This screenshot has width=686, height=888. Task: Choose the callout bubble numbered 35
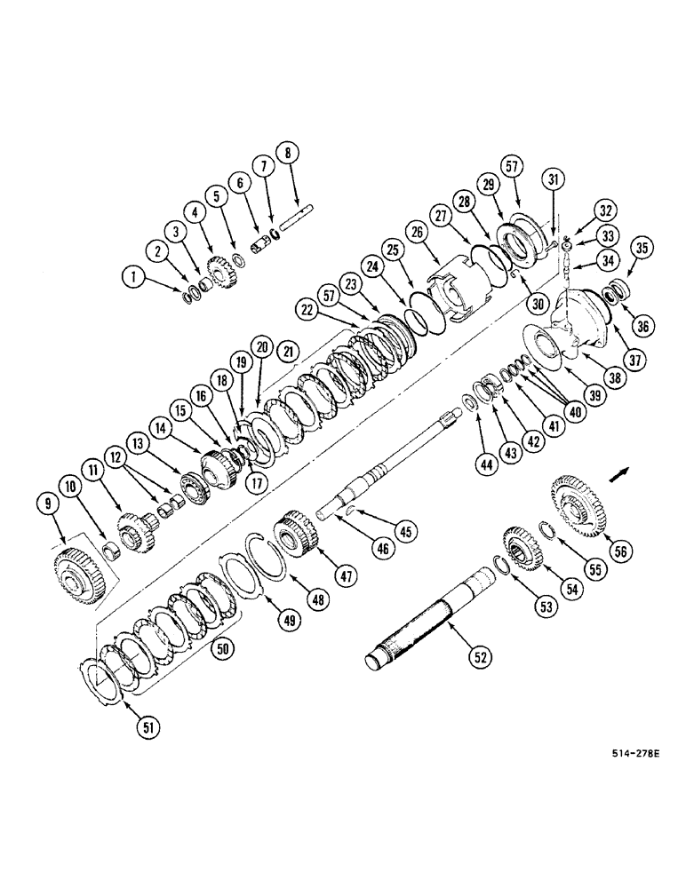(x=643, y=248)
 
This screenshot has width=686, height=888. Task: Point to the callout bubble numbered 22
(x=307, y=308)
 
